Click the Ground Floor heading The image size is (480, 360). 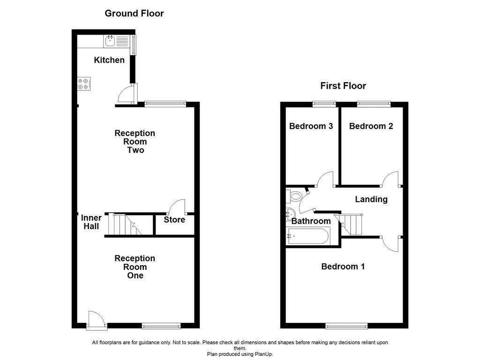click(x=134, y=13)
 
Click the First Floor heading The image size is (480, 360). click(x=343, y=86)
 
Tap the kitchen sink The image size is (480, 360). click(x=111, y=41)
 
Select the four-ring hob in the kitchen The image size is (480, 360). click(x=84, y=83)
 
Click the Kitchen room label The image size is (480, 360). click(x=109, y=60)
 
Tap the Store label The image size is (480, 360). click(x=174, y=220)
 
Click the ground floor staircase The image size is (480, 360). click(x=125, y=224)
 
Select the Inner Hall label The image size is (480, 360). click(x=91, y=222)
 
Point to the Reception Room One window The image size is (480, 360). click(x=161, y=326)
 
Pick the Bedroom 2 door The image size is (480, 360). click(x=391, y=179)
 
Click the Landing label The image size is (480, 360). click(x=371, y=199)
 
